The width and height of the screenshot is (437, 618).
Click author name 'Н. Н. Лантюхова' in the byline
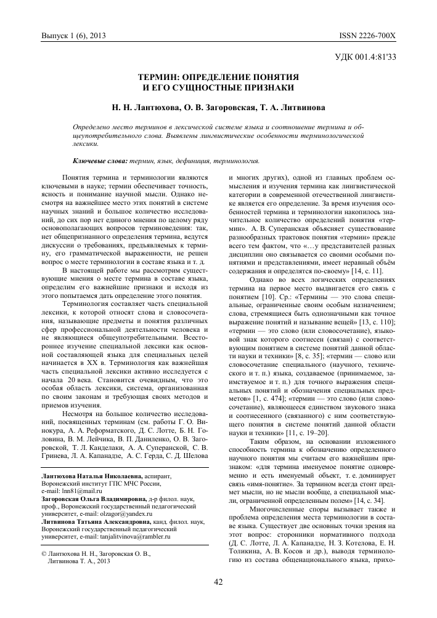pyautogui.click(x=147, y=107)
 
